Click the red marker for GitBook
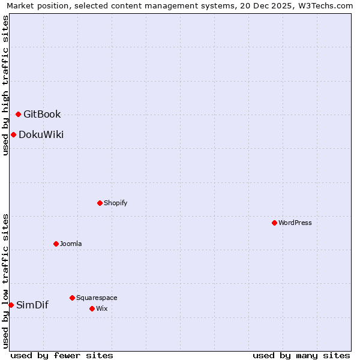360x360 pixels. (18, 114)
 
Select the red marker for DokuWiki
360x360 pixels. (13, 134)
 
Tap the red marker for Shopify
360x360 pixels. (100, 203)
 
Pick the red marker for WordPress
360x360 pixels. (274, 223)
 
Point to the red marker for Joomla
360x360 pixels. (56, 244)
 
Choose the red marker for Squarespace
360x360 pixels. (72, 298)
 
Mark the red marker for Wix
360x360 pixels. (92, 308)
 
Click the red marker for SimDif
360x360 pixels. (11, 305)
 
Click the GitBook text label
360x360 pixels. (42, 115)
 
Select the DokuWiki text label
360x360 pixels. (41, 134)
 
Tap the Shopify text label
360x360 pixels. (115, 203)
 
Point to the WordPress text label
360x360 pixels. (295, 223)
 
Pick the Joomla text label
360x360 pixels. (71, 244)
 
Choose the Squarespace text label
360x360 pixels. (97, 298)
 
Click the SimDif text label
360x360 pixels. (32, 305)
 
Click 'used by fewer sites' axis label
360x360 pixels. (62, 355)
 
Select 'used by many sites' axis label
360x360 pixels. (301, 355)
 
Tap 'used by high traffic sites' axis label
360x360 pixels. (5, 85)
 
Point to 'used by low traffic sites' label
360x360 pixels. (5, 281)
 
